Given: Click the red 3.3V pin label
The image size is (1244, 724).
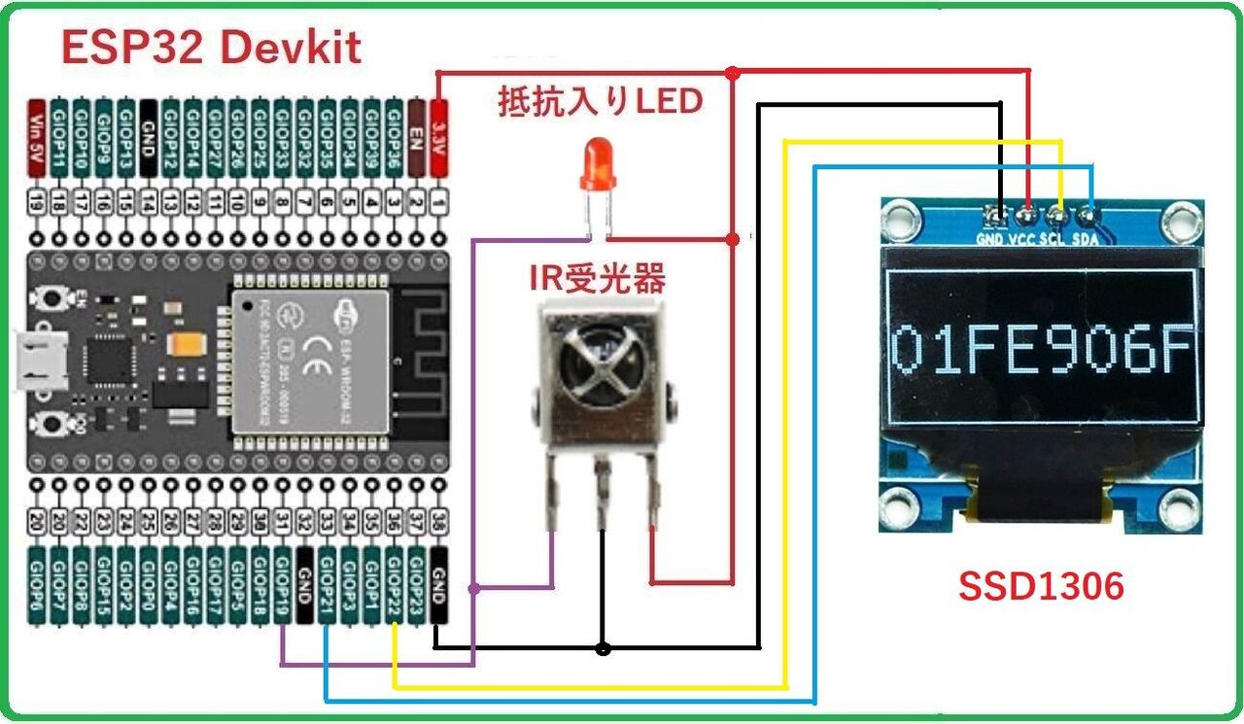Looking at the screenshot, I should (x=438, y=136).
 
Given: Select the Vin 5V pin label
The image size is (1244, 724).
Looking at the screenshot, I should (x=37, y=136).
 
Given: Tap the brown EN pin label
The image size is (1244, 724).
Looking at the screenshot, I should (x=417, y=136).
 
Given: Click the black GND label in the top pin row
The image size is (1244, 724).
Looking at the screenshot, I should (x=149, y=136).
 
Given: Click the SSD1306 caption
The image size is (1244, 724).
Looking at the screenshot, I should (x=1041, y=586).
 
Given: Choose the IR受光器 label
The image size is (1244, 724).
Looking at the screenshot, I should (x=597, y=281).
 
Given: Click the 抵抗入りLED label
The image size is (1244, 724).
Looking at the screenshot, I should (x=600, y=102).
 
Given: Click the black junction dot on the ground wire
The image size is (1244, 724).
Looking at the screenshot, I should (x=603, y=648).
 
